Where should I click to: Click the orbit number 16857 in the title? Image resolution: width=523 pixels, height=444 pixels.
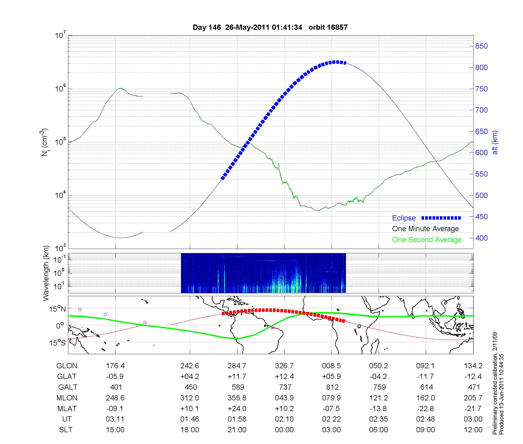pos(337,27)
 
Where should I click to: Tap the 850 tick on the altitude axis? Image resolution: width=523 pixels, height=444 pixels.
pos(481,46)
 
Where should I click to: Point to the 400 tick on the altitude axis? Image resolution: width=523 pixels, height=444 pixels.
pos(481,238)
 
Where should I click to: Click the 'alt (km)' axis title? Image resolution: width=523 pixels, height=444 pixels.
pos(495,142)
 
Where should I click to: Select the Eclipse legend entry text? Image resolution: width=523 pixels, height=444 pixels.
pos(404,218)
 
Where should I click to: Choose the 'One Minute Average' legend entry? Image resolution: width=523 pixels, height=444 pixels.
pos(425,229)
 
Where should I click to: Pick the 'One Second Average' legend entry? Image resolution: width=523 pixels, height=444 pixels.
pos(427,240)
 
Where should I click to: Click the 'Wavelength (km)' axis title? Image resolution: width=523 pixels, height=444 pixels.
pos(46,273)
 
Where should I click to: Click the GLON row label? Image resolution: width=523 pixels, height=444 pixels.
pos(67,366)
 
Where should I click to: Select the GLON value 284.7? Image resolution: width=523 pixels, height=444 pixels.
pos(237,366)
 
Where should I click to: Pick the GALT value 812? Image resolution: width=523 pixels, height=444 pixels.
pos(332,387)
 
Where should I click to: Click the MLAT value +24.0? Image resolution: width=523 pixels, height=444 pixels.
pos(237,408)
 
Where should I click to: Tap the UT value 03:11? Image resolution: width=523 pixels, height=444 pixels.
pos(115,419)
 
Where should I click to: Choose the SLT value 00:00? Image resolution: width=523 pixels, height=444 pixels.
pos(284,430)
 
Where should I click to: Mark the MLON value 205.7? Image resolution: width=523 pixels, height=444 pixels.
pos(473,398)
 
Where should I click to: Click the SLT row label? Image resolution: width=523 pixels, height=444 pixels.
pos(66,430)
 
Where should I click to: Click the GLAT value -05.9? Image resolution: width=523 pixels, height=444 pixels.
pos(115,377)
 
